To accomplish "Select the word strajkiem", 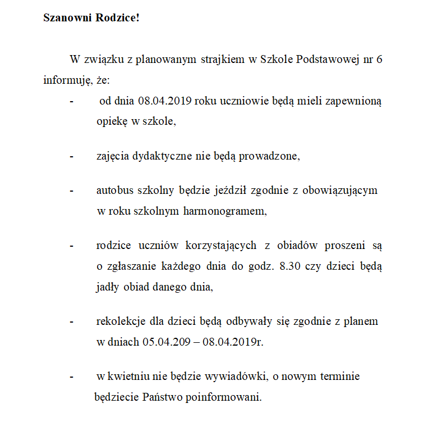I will [223, 60].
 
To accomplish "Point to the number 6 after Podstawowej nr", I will [380, 60].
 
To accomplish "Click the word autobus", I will [116, 190].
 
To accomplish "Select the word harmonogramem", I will [229, 212].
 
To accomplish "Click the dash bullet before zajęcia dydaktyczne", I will [71, 156].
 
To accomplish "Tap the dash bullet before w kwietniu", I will [71, 377].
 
